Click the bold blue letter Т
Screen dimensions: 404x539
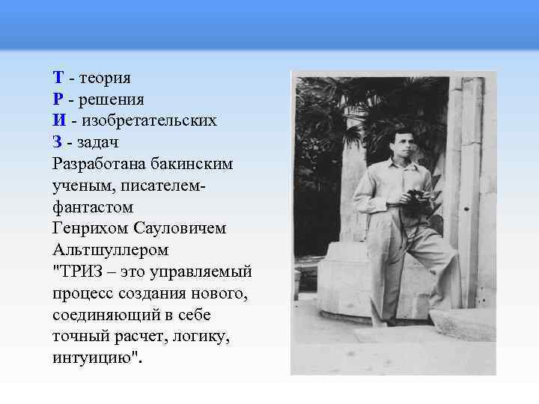(58, 78)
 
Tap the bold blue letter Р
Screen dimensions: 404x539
(58, 99)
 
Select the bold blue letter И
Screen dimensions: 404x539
(59, 120)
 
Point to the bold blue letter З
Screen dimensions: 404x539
(58, 141)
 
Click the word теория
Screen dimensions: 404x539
(106, 78)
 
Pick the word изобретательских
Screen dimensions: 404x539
(150, 120)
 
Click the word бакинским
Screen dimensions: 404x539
(195, 163)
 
